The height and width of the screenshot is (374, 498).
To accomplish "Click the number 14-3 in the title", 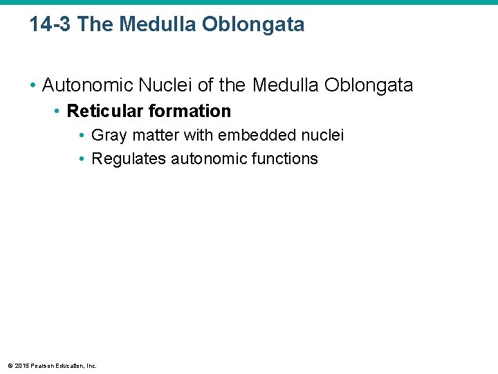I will point(50,25).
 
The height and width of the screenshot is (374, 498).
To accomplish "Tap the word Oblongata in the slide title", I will point(253,25).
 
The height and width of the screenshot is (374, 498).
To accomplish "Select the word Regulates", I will point(129,159).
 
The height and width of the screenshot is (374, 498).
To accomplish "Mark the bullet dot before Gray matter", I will point(82,136).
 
